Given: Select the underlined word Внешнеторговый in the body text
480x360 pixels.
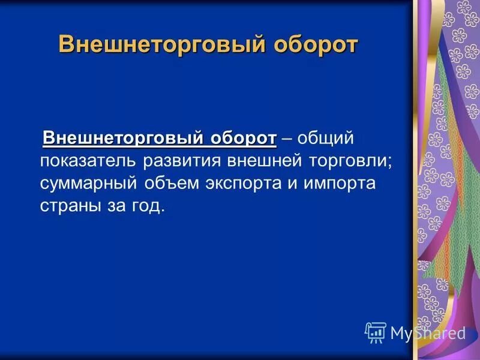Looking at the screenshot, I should click(124, 138).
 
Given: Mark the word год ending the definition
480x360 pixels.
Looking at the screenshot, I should click(146, 206).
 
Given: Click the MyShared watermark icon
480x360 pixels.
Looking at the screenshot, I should click(375, 332).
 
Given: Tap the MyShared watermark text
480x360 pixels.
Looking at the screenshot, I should click(428, 333).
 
